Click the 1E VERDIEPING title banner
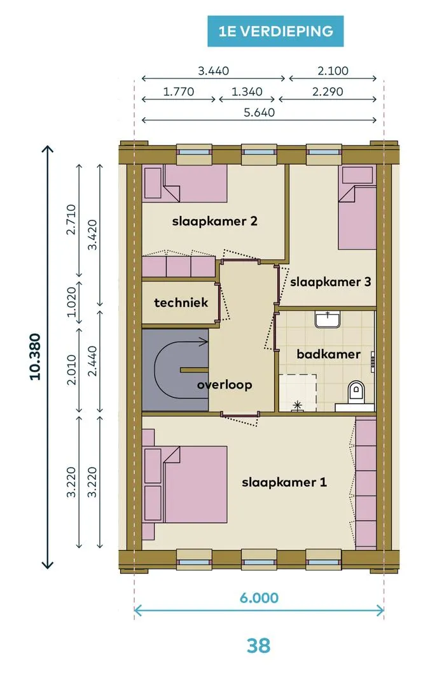point(275,31)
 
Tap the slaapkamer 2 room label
point(214,221)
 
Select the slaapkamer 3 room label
point(331,282)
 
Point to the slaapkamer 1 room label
point(284,483)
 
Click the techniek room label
point(181,303)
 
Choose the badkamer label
point(328,354)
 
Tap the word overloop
point(225,385)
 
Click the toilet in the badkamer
point(356,392)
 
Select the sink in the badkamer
point(328,319)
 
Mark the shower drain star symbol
point(296,406)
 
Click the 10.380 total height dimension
point(35,357)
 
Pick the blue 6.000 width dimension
point(259,598)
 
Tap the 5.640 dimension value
point(259,113)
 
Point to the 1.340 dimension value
point(247,92)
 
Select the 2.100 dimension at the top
point(333,71)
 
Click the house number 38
point(258,646)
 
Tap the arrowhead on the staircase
point(204,342)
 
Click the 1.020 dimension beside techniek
point(72,302)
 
